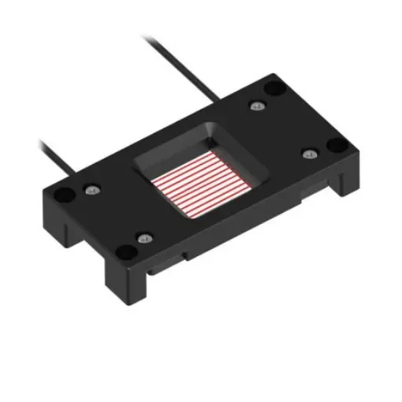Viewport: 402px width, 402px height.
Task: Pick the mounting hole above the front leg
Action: click(x=124, y=251)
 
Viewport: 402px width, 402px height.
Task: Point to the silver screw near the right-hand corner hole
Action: click(x=308, y=153)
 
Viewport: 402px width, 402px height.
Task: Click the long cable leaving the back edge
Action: click(x=181, y=63)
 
